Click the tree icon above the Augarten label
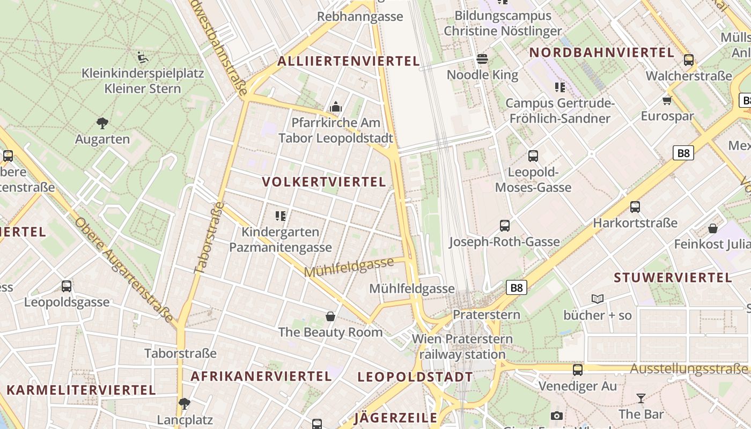[102, 123]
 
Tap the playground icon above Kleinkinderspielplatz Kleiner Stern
[143, 57]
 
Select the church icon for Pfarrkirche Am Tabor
[336, 107]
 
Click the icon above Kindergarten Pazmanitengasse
[280, 216]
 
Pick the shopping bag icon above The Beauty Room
[330, 316]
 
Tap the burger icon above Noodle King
[482, 59]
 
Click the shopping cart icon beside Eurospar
[667, 100]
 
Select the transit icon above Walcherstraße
[689, 60]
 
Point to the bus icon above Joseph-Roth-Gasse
[504, 226]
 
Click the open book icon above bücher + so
[598, 299]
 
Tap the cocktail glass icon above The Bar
[640, 398]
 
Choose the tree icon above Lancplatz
[185, 403]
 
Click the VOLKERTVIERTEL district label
[324, 182]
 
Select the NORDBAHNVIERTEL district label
[601, 53]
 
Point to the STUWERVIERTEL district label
[673, 277]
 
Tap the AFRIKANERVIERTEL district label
[261, 376]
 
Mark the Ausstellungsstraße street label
[688, 369]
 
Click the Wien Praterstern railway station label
[462, 346]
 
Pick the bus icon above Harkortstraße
[635, 207]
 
